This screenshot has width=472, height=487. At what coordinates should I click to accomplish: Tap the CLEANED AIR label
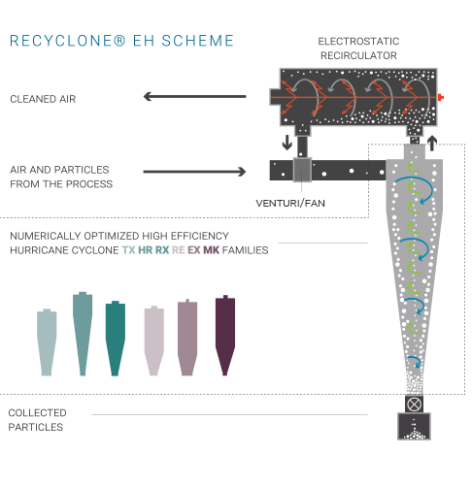pyautogui.click(x=43, y=99)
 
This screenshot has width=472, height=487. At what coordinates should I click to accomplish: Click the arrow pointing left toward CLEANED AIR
pyautogui.click(x=194, y=96)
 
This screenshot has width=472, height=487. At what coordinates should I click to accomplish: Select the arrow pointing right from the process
pyautogui.click(x=194, y=172)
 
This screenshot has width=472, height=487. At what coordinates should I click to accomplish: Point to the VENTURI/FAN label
pyautogui.click(x=290, y=203)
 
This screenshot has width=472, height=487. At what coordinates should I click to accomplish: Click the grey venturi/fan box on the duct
pyautogui.click(x=302, y=170)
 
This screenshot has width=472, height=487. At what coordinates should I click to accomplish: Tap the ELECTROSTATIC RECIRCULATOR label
pyautogui.click(x=358, y=49)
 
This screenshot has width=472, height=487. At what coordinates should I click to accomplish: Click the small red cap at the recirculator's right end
pyautogui.click(x=440, y=97)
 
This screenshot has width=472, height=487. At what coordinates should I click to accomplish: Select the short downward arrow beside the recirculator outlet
pyautogui.click(x=287, y=143)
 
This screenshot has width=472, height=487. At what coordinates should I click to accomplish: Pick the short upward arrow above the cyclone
pyautogui.click(x=432, y=144)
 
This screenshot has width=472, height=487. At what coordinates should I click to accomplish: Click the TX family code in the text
pyautogui.click(x=128, y=250)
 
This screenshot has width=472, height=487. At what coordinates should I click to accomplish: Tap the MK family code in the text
pyautogui.click(x=211, y=250)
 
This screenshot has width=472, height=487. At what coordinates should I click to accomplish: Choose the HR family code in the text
pyautogui.click(x=146, y=250)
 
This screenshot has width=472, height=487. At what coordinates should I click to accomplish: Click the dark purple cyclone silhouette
pyautogui.click(x=225, y=336)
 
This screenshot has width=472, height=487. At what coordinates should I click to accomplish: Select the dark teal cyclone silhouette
pyautogui.click(x=116, y=339)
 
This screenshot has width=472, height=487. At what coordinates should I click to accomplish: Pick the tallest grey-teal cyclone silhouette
pyautogui.click(x=83, y=334)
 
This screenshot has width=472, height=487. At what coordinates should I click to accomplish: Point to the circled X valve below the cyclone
pyautogui.click(x=414, y=404)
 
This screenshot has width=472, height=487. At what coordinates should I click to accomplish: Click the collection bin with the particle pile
pyautogui.click(x=414, y=426)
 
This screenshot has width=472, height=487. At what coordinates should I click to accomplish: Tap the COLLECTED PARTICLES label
pyautogui.click(x=37, y=420)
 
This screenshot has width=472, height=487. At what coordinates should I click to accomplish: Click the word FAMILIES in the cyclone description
pyautogui.click(x=246, y=250)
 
